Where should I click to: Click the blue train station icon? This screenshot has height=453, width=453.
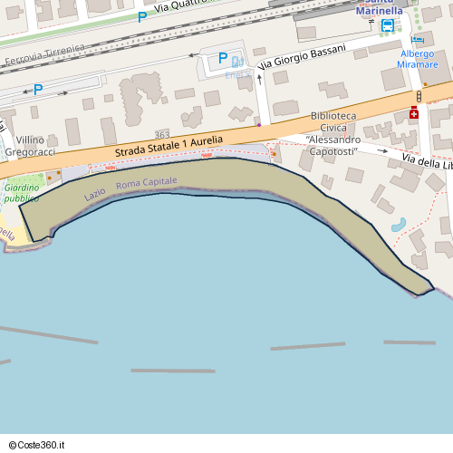tap(388, 25)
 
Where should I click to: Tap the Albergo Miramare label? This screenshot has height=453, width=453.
tap(419, 59)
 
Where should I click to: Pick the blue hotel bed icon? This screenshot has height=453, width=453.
tap(417, 39)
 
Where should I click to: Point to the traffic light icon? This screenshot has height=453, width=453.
tap(419, 95)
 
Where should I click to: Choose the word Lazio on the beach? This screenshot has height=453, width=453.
tap(95, 192)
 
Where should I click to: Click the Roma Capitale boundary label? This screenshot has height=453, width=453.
tap(147, 183)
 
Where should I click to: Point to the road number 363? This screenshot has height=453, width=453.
tap(162, 134)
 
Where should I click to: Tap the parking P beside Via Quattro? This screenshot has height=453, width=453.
tap(141, 17)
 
